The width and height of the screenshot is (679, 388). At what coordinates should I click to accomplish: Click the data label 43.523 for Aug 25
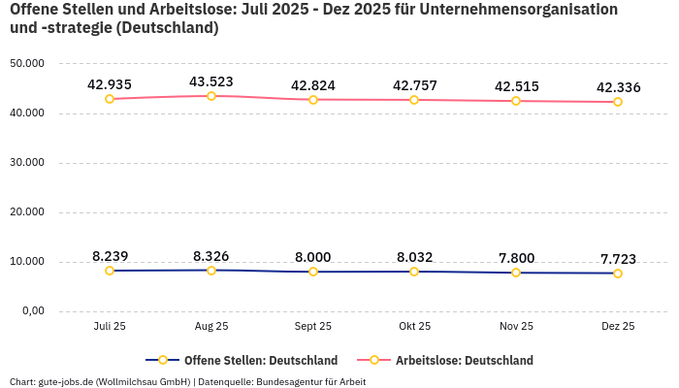click(211, 81)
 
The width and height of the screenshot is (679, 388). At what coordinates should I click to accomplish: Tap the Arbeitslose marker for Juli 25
click(110, 99)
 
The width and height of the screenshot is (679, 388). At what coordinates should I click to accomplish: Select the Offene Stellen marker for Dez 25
click(618, 274)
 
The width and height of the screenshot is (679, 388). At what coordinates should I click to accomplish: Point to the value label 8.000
click(313, 257)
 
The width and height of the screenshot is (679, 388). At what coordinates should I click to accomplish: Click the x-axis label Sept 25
click(313, 327)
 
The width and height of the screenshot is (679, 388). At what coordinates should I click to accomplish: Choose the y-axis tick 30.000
click(27, 163)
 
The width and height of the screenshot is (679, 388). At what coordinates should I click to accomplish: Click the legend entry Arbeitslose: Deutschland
click(464, 361)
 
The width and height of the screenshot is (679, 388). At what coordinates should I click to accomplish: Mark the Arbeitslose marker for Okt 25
click(414, 100)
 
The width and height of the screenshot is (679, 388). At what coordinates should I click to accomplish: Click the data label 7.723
click(618, 259)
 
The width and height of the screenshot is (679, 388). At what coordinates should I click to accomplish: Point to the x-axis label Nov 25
click(516, 327)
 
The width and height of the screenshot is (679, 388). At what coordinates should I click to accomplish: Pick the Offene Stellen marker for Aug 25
click(211, 270)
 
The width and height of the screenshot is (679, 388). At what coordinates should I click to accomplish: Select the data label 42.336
click(618, 87)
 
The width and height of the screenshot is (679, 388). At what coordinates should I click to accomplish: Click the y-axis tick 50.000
click(27, 64)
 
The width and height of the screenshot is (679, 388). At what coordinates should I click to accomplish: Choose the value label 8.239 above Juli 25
click(110, 256)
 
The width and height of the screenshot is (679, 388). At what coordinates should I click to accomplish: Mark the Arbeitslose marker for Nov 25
click(516, 101)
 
